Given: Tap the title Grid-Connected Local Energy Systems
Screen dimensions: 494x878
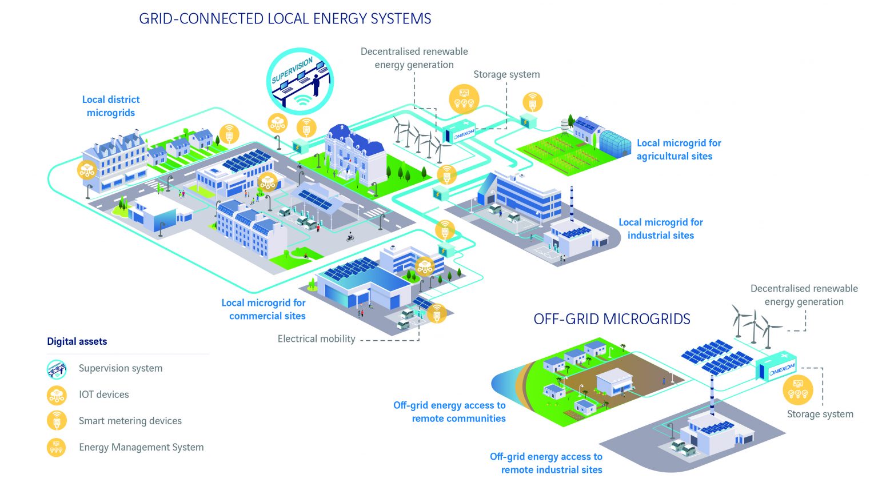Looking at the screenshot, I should [285, 19].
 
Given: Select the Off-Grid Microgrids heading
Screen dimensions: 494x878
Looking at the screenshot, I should [612, 319].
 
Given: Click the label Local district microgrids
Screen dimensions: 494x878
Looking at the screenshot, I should [111, 106].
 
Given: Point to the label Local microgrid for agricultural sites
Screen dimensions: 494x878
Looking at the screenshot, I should [679, 150].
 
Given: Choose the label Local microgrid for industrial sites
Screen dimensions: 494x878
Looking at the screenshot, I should [661, 229].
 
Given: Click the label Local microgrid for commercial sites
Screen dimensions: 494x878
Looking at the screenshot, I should [264, 309].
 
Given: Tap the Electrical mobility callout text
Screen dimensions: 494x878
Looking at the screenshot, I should [316, 339].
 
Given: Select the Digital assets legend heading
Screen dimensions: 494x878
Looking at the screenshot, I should [77, 342].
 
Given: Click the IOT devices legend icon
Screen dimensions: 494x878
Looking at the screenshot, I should [57, 395].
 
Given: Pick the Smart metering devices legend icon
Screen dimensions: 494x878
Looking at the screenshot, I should [57, 421].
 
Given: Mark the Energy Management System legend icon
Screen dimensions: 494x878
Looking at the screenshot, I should [57, 447].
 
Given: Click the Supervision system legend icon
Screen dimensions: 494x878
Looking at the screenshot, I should [57, 369].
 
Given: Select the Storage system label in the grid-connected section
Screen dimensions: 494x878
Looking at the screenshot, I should [506, 75].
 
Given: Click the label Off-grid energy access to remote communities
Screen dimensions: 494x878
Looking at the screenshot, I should [449, 412].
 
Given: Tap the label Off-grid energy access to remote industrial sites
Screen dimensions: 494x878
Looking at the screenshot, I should [546, 463].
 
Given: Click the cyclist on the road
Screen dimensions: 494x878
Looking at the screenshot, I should [350, 237].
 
